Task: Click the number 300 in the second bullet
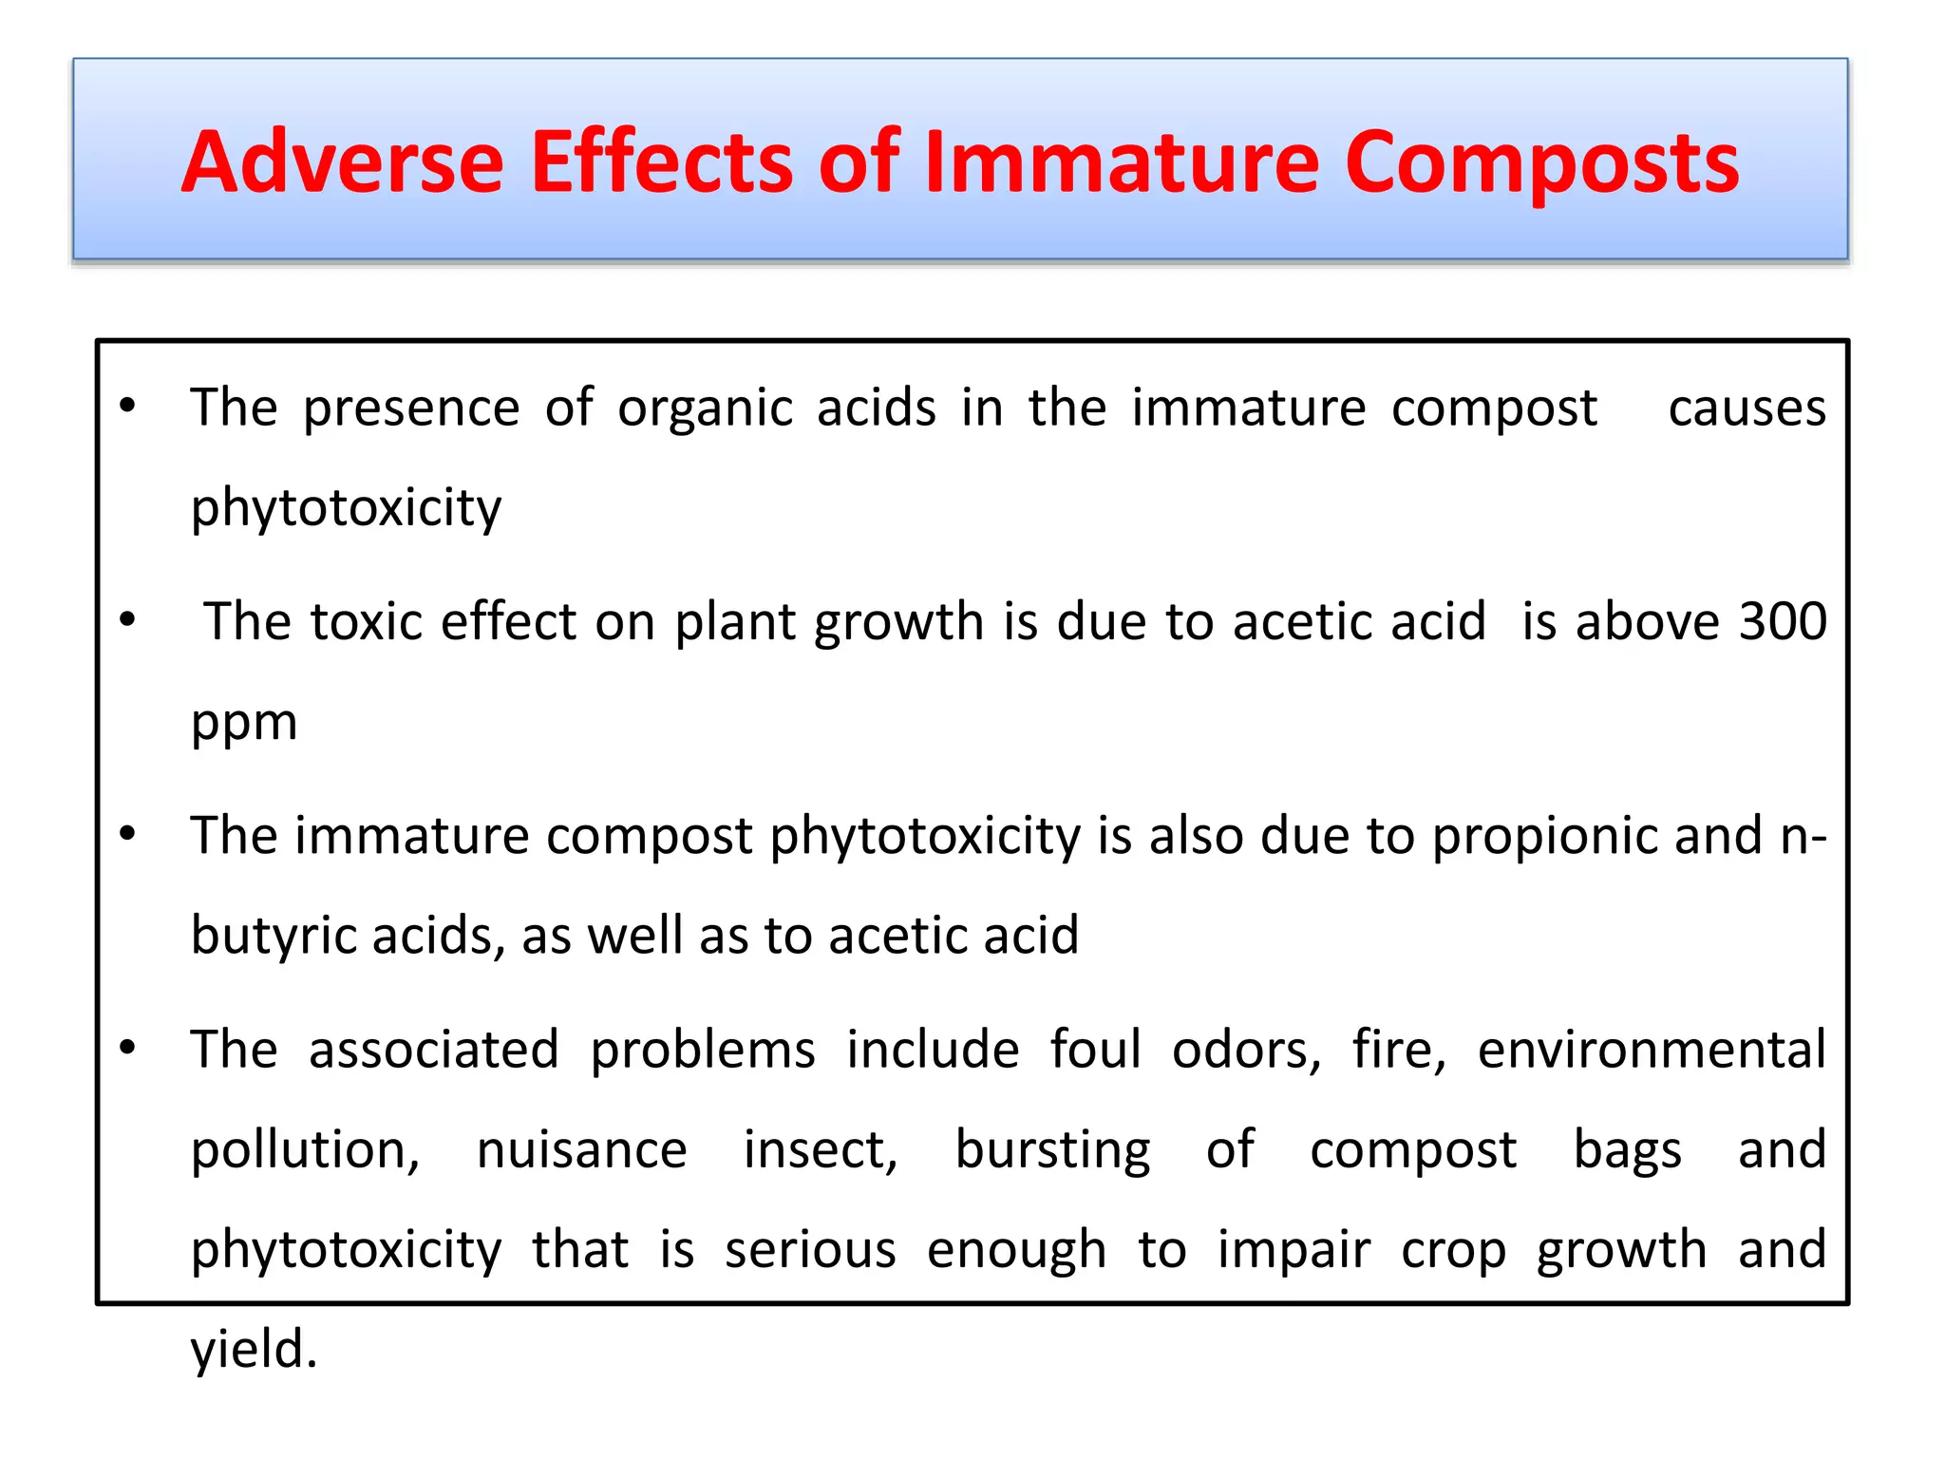point(1783,622)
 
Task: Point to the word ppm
point(244,724)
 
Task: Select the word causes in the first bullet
point(1747,409)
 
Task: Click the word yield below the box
point(252,1349)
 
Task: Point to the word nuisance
point(581,1150)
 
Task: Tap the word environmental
point(1652,1051)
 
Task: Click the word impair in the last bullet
point(1294,1250)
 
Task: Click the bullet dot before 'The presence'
point(128,407)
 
